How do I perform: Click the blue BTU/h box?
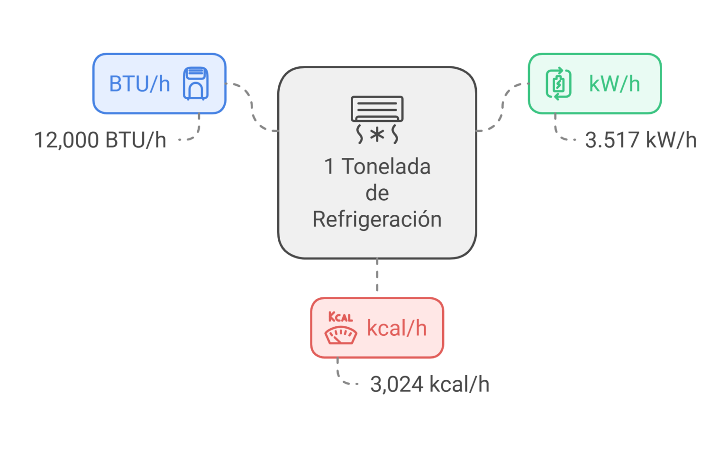pos(159,83)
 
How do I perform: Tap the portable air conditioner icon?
pos(196,83)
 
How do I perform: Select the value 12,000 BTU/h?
pos(100,140)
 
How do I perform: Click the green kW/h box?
pos(594,83)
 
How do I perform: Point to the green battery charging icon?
pos(558,83)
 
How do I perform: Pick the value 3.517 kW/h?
pos(640,140)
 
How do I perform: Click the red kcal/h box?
pos(377,328)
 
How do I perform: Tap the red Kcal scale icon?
pos(340,328)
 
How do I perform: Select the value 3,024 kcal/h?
pos(429,384)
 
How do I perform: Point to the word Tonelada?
pos(386,166)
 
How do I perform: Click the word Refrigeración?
pos(377,219)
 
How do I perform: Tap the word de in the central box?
pos(377,193)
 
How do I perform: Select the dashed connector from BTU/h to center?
pos(252,107)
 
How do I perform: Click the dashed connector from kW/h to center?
pos(502,107)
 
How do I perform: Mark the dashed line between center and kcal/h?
pos(377,278)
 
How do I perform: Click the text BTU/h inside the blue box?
pos(139,84)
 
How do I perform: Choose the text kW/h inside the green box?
pos(614,84)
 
